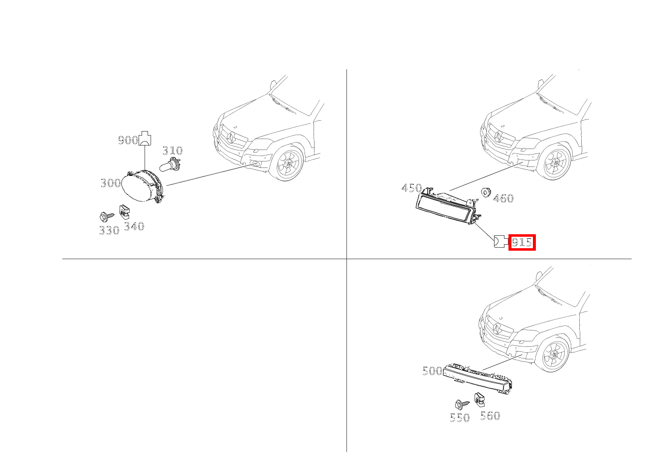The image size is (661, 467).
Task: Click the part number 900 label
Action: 128,141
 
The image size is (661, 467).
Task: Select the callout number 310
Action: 172,151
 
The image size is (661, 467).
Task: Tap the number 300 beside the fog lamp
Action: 111,183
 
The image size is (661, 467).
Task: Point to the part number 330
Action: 109,230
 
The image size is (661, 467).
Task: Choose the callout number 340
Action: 134,226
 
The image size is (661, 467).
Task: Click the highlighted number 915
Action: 521,243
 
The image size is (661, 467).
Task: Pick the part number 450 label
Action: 411,188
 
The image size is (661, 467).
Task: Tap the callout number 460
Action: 503,198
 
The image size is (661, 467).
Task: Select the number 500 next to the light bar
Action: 432,371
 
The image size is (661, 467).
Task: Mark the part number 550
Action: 460,418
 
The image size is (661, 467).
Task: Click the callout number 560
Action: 490,416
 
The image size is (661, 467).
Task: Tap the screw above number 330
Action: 106,216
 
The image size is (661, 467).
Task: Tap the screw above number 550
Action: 461,404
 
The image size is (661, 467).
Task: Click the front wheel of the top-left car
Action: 287,163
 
